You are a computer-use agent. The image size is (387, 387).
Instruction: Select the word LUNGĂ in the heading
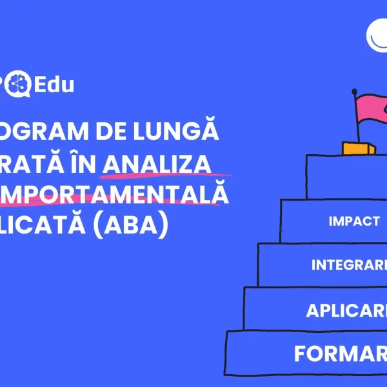point(188,132)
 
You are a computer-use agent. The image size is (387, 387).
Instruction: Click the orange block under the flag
point(358,148)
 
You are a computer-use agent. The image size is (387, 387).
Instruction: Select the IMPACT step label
point(354,221)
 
